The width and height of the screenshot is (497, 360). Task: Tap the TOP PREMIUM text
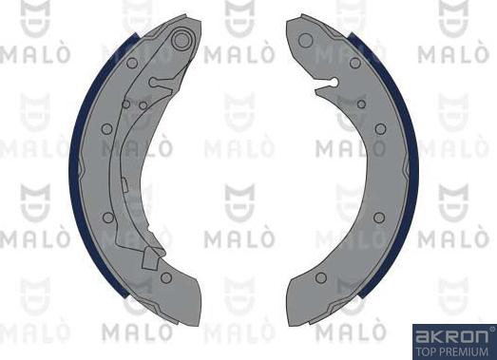click(454, 351)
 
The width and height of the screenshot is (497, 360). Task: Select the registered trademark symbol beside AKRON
click(490, 330)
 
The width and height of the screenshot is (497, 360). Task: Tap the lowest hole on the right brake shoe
click(320, 277)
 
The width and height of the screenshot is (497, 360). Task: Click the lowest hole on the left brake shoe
click(165, 277)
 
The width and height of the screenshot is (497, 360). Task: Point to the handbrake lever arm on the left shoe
click(124, 171)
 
